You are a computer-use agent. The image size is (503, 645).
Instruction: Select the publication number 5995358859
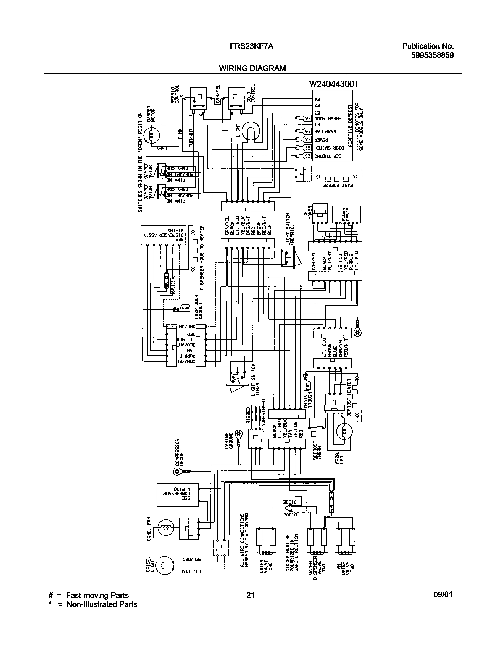pos(432,55)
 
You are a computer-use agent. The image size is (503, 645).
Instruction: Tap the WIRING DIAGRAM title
pos(252,68)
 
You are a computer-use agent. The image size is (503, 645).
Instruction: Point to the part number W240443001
pos(333,84)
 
